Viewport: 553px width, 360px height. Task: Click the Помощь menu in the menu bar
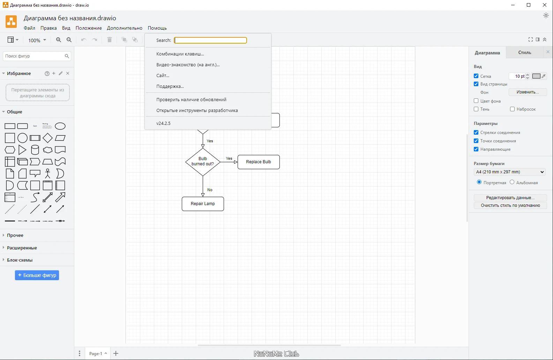tap(157, 28)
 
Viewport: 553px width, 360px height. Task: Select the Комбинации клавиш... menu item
tap(180, 54)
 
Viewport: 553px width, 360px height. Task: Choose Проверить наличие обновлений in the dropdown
tap(191, 99)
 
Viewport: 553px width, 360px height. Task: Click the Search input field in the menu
tap(210, 40)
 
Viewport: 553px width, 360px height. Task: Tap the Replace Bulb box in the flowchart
tap(259, 162)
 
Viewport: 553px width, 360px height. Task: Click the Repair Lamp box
tap(203, 204)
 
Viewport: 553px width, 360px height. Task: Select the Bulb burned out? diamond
tap(203, 162)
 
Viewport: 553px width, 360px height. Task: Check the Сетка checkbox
tap(476, 76)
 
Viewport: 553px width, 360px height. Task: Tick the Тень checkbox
tap(476, 109)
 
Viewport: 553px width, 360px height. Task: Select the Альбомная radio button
tap(512, 182)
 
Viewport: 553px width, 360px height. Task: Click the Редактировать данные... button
tap(510, 197)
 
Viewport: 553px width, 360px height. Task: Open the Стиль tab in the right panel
tap(524, 52)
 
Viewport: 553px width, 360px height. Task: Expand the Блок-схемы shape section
tap(20, 260)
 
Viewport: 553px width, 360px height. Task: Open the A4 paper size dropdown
tap(510, 172)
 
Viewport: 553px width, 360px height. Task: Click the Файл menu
tap(29, 28)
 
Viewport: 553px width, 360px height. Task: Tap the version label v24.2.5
tap(163, 123)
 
